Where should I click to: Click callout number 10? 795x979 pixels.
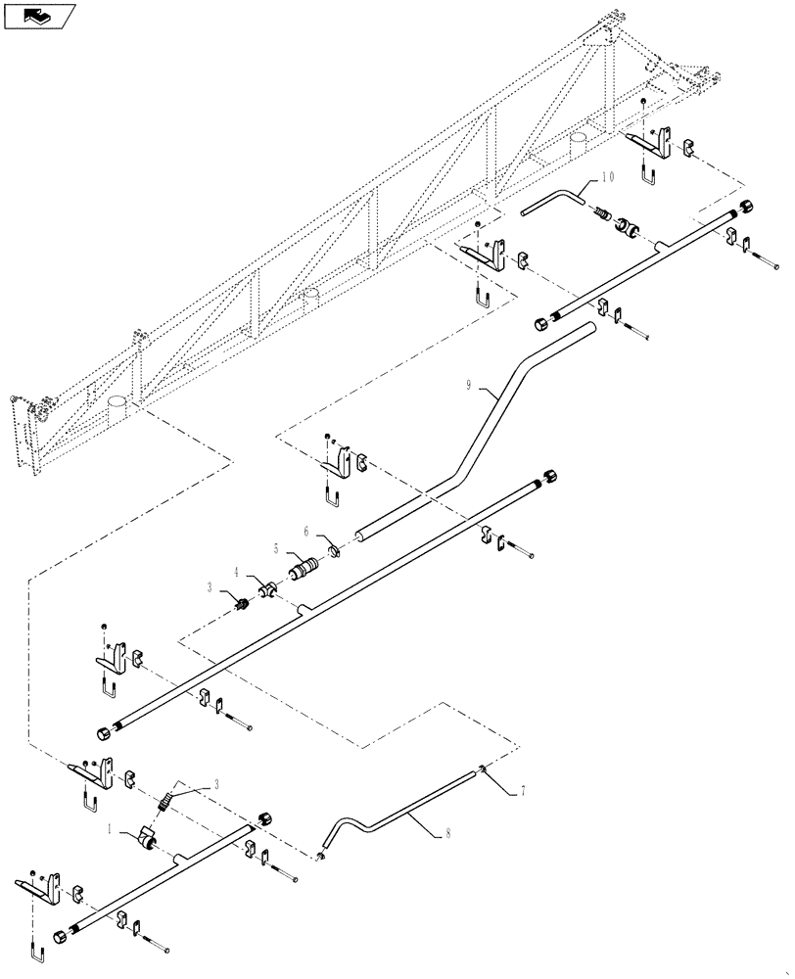tap(608, 177)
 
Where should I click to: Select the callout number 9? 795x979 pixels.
tap(470, 389)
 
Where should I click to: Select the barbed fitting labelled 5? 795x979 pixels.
tap(301, 569)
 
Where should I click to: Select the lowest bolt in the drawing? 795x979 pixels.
tap(158, 947)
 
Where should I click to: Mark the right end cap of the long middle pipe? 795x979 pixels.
tap(551, 476)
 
